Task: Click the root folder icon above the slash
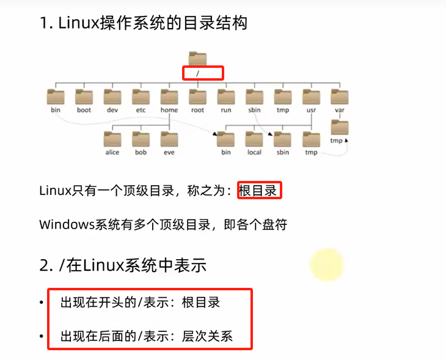coord(197,58)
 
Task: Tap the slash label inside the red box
coord(198,73)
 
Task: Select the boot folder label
coord(83,110)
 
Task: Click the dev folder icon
coord(112,97)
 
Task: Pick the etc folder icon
coord(141,97)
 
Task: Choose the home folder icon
coord(169,97)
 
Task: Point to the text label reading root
coord(197,110)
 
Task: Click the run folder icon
coord(226,97)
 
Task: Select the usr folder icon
coord(312,97)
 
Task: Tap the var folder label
coord(340,110)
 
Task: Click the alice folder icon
coord(112,139)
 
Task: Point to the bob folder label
coord(141,152)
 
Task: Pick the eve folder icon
coord(169,139)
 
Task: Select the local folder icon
coord(254,139)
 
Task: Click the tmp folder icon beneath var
coord(340,127)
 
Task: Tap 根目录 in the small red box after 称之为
coord(258,191)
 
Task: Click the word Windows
coord(67,224)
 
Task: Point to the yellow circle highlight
coord(327,265)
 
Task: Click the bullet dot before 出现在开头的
coord(41,303)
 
